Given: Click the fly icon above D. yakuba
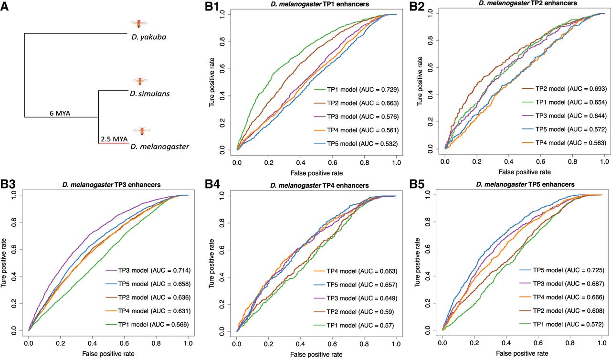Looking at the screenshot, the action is tap(138, 24).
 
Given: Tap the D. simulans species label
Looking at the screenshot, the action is tap(150, 94).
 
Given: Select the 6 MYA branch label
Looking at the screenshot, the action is tap(60, 113).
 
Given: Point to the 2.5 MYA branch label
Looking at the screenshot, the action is tap(114, 139).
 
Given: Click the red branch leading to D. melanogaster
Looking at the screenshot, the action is tap(113, 143).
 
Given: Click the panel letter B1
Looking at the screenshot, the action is tap(212, 7).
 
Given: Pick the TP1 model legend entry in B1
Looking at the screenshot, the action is tap(356, 89).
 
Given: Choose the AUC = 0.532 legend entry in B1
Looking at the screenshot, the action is tap(356, 144).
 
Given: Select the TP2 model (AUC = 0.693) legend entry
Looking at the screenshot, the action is tap(564, 89).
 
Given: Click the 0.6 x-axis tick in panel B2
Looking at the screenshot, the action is tap(541, 161).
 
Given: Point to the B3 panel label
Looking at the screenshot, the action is tap(8, 185).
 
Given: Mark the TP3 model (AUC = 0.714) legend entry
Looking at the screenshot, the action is tap(148, 270).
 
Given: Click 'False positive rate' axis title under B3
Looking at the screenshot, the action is tap(108, 354).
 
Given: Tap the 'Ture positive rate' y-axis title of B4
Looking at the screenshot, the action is tap(211, 264).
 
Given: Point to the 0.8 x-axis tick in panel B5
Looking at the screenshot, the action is tap(570, 343).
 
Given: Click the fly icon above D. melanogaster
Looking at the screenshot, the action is tap(142, 131).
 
